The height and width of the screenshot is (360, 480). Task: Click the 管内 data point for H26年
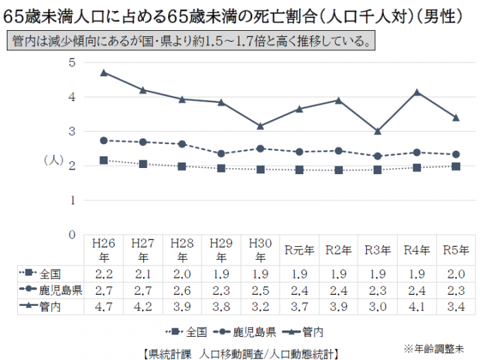[x=104, y=72]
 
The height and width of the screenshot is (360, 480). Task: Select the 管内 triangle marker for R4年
[x=416, y=91]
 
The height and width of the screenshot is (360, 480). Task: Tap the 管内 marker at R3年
[x=377, y=131]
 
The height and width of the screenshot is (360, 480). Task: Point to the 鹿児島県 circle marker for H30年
[x=260, y=148]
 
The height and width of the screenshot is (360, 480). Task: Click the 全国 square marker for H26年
[x=104, y=160]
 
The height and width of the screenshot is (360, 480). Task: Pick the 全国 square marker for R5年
[x=455, y=166]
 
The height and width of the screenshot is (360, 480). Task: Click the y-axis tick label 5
[x=71, y=63]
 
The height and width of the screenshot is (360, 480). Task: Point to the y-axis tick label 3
[x=71, y=132]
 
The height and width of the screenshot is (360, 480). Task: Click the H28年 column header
[x=182, y=250]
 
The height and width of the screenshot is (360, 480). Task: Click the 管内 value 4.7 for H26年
[x=104, y=307]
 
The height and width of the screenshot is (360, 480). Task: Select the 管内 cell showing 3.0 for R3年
[x=377, y=307]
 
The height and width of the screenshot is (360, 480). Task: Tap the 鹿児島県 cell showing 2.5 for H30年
[x=260, y=289]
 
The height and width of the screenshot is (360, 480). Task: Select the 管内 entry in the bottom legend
[x=313, y=333]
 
